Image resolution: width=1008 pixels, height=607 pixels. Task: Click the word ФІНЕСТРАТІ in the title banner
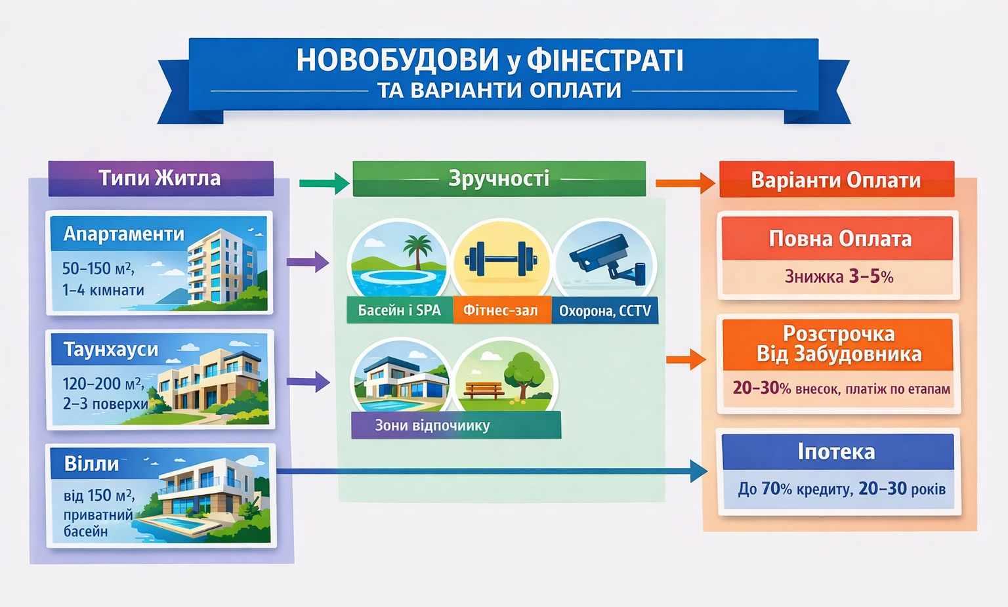(604, 60)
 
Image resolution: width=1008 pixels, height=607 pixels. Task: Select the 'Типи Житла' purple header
(160, 178)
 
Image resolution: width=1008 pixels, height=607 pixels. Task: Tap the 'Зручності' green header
(499, 178)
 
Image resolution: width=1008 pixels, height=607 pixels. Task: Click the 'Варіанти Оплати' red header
(836, 180)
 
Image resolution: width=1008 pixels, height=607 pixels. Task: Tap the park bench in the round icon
(483, 390)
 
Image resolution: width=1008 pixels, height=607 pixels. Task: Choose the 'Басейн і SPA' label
(399, 310)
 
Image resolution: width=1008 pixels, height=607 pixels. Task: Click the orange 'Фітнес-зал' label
(501, 310)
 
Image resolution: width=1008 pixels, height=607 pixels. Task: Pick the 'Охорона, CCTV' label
(604, 311)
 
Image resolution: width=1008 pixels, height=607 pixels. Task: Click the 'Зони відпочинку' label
(432, 425)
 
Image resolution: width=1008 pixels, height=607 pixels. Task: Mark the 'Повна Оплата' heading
(840, 239)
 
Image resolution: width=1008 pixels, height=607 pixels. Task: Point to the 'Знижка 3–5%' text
(839, 276)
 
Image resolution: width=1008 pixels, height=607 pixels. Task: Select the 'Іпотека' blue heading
(836, 451)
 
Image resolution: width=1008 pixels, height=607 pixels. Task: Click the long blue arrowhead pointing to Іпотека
(698, 471)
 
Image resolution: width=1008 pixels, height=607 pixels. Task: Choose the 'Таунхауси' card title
(111, 349)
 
